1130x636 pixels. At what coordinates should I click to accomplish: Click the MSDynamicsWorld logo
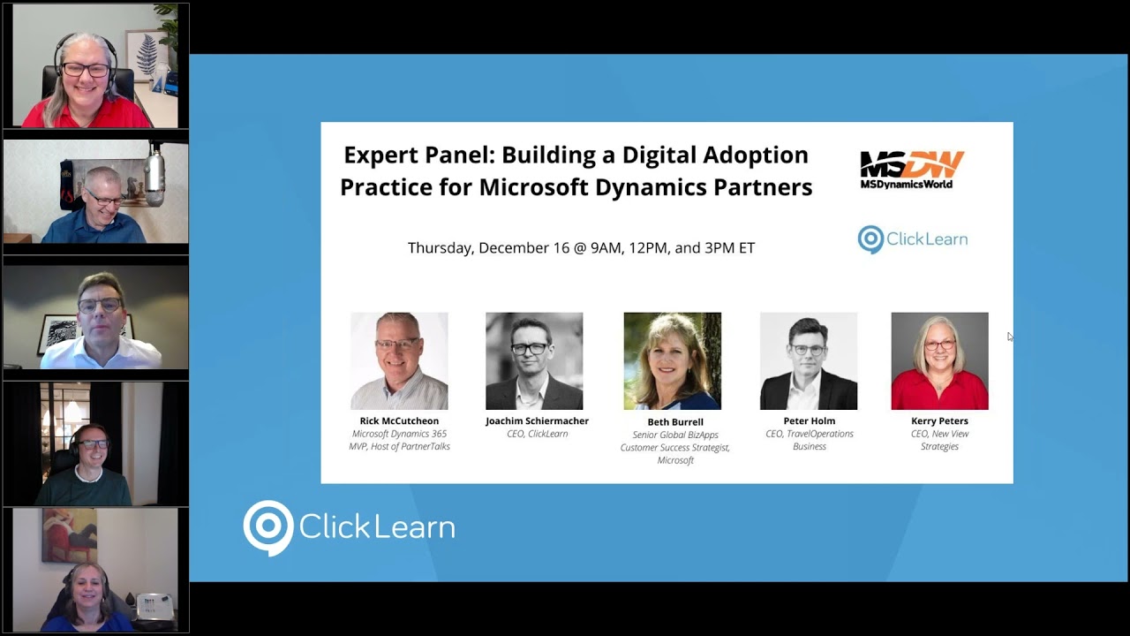[912, 169]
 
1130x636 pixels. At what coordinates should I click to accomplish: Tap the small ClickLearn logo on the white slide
[912, 239]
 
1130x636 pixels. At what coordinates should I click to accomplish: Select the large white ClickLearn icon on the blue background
[267, 527]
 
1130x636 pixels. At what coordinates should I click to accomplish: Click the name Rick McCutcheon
[399, 421]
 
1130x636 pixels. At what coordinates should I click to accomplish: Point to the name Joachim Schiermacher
[537, 421]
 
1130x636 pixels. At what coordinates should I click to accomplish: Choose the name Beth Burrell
[675, 422]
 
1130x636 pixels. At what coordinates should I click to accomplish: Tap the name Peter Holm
[809, 421]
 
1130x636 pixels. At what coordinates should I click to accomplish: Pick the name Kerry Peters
[939, 421]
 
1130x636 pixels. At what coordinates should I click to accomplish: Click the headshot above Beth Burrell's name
[673, 360]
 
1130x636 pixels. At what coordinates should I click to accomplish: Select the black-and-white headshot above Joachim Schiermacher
[534, 360]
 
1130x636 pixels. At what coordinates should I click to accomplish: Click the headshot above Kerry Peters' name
[939, 360]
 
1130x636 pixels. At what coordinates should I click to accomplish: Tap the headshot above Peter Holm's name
[809, 360]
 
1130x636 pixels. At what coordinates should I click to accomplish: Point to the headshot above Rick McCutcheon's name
[399, 360]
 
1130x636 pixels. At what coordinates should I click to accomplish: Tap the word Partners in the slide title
[765, 187]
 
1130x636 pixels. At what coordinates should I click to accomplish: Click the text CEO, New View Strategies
[939, 440]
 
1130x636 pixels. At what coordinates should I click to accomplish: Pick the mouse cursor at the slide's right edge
[1010, 336]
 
